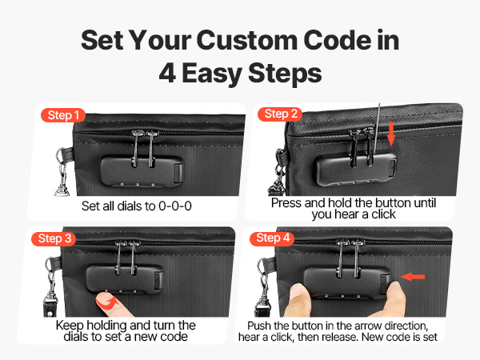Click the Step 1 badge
(x=63, y=115)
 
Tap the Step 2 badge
(x=280, y=114)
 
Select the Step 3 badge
(x=54, y=238)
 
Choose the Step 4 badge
(x=272, y=238)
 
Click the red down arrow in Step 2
(x=391, y=134)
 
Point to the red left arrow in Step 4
(x=412, y=277)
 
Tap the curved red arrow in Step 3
(x=108, y=302)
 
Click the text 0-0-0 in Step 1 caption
(x=174, y=206)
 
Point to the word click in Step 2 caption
(x=383, y=214)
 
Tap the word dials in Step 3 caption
(x=76, y=337)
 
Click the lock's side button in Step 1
(x=178, y=173)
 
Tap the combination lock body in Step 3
(x=125, y=278)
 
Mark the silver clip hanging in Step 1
(x=62, y=173)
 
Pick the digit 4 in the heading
(x=167, y=73)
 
